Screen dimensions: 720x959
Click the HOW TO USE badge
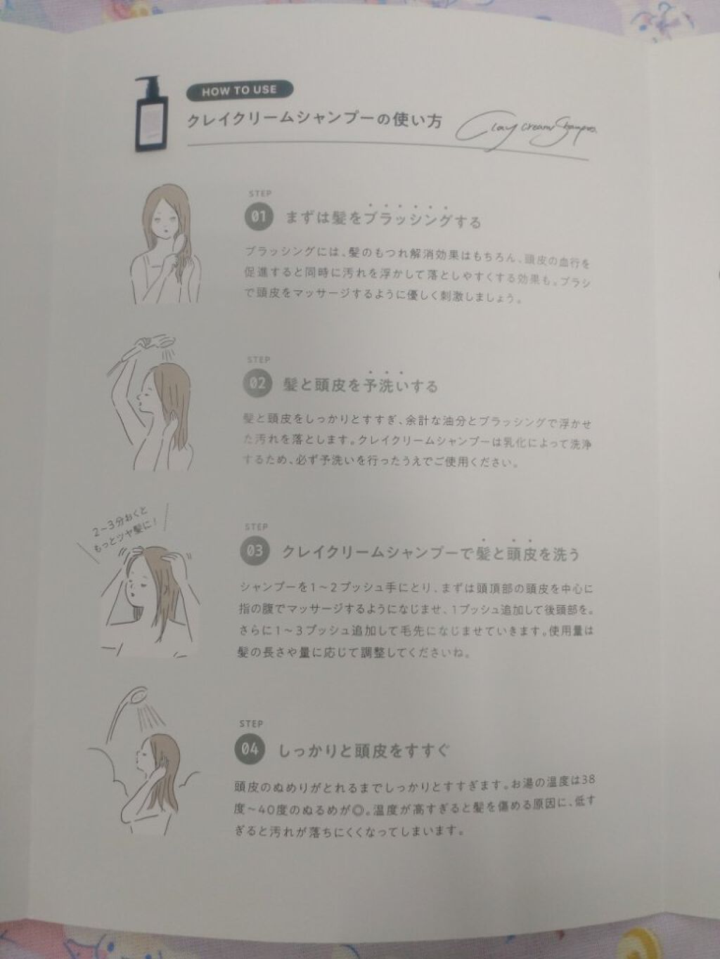click(240, 91)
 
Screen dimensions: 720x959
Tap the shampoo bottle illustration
click(150, 115)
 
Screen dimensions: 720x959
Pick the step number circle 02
click(257, 384)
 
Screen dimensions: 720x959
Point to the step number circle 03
click(255, 551)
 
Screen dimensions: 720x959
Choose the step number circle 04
click(250, 750)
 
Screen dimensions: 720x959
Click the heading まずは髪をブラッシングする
click(383, 219)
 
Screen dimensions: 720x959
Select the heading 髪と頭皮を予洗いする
click(360, 385)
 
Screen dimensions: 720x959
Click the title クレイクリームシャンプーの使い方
click(314, 120)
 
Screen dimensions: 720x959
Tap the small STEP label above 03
click(256, 527)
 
